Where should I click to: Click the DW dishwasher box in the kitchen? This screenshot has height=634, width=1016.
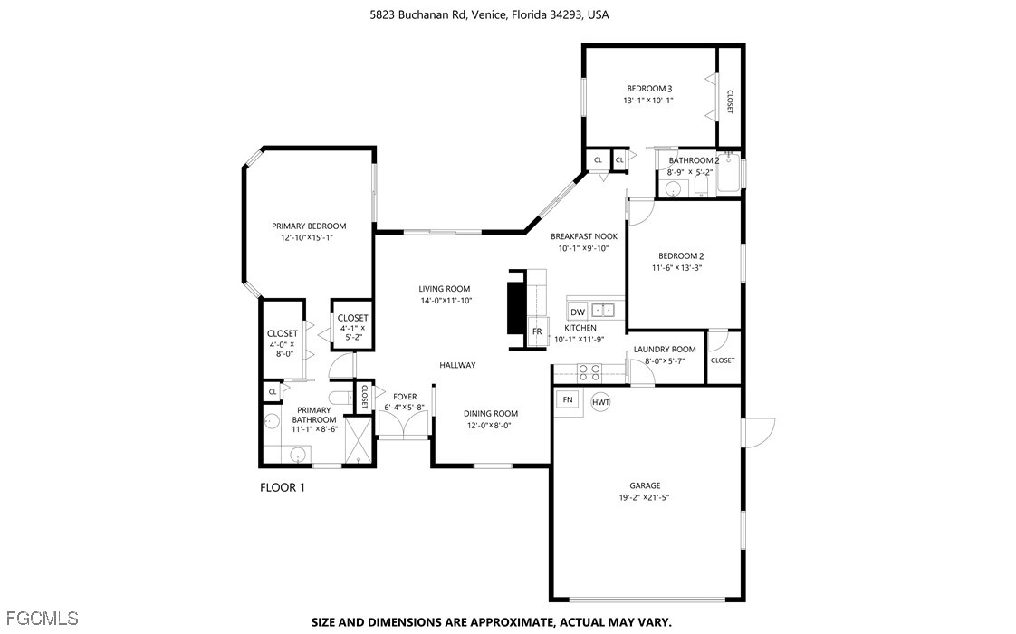(x=578, y=312)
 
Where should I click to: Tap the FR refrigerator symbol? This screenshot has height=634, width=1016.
(x=537, y=331)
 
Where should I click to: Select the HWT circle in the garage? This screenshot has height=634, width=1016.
(x=600, y=402)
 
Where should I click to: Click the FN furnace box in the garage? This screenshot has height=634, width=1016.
(x=568, y=399)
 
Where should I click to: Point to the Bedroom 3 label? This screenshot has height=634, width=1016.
(x=649, y=88)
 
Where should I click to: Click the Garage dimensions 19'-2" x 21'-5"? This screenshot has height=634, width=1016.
(x=644, y=498)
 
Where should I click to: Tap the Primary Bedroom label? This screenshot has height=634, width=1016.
(x=309, y=226)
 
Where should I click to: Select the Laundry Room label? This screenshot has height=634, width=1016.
(x=665, y=350)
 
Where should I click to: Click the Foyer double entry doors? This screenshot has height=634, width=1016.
(x=403, y=426)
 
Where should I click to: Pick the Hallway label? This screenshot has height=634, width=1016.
(x=457, y=365)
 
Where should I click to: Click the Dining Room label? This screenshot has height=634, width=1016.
(x=491, y=414)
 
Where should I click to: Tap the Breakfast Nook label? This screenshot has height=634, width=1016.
(x=584, y=236)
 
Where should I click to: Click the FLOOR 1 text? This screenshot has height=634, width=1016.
(x=282, y=487)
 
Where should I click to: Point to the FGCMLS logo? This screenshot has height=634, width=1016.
(x=40, y=618)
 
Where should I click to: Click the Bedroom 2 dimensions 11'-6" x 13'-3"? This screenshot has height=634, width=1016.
(x=677, y=268)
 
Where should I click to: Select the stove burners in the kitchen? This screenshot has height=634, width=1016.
(x=589, y=372)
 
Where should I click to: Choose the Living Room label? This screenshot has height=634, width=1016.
(x=445, y=289)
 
